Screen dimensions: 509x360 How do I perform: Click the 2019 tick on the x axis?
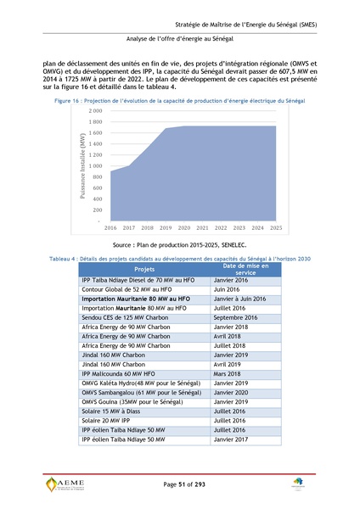[166, 228]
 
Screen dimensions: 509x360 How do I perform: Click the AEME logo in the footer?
[64, 484]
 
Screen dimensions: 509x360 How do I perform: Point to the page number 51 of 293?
[180, 484]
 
